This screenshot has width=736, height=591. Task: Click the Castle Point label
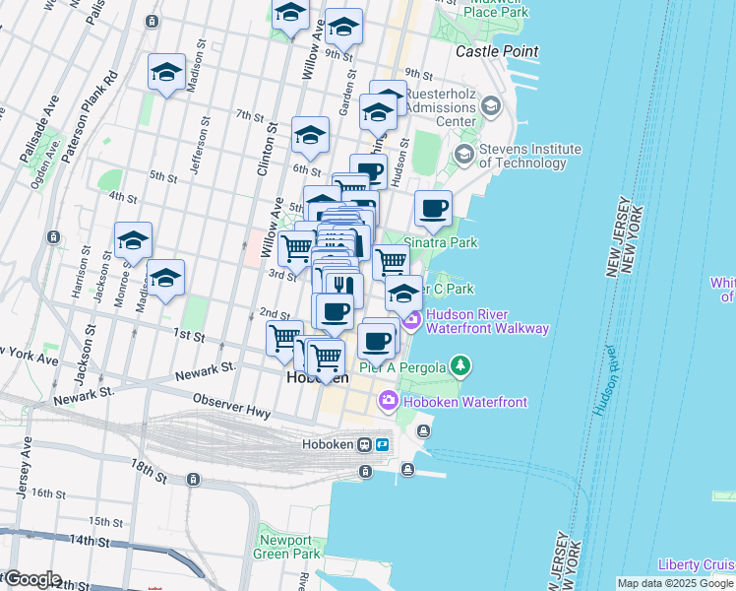497,50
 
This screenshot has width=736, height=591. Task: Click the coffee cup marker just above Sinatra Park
433,209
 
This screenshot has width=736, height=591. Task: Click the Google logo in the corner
31,579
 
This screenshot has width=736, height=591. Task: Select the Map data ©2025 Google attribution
674,583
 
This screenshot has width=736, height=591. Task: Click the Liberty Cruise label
696,564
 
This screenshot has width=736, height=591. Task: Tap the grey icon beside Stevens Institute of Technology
463,155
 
